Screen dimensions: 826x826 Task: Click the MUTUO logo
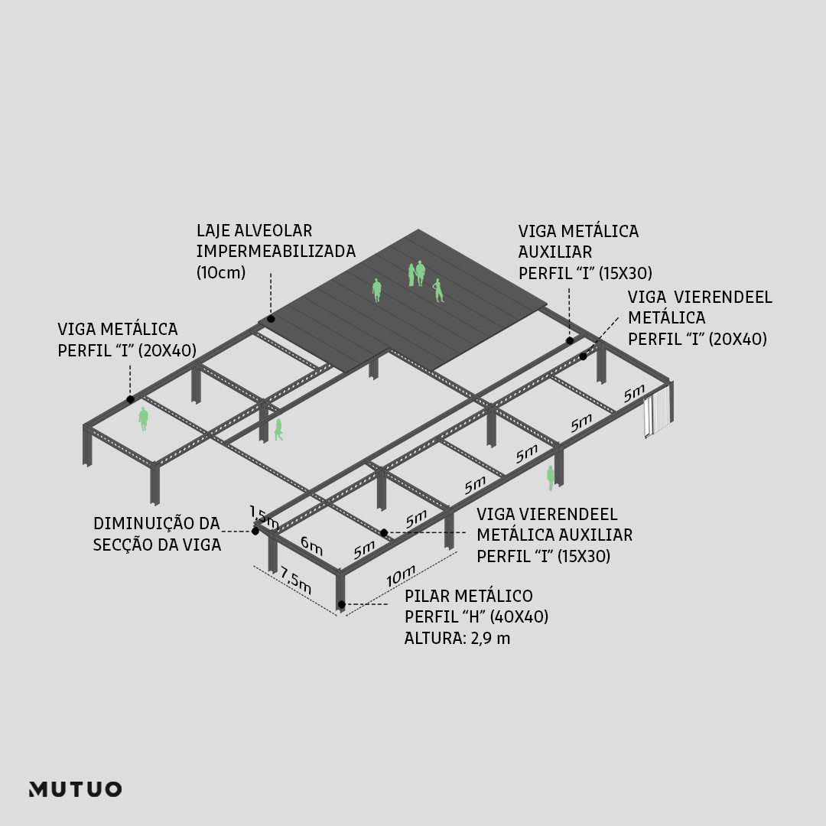[x=75, y=789]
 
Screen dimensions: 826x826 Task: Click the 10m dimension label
[x=401, y=576]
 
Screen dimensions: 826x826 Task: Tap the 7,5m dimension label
[x=296, y=580]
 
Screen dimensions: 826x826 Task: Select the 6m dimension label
[x=311, y=545]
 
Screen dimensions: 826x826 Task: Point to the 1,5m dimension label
[x=265, y=516]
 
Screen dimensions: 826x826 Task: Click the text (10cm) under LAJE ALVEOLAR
[x=221, y=272]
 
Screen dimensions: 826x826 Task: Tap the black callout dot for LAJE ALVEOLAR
[x=271, y=318]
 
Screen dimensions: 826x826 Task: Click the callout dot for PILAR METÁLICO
[x=341, y=605]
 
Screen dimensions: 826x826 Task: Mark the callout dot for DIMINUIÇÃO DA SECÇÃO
[x=255, y=531]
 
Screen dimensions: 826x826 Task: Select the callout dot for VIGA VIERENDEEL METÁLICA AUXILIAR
[x=384, y=532]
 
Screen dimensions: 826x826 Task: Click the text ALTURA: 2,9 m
[x=457, y=638]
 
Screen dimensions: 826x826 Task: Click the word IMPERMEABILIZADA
[x=275, y=251]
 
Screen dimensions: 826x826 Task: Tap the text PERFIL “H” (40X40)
[x=476, y=616]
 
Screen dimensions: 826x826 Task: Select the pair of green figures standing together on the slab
[x=416, y=274]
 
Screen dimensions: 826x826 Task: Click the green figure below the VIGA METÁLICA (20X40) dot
[x=143, y=418]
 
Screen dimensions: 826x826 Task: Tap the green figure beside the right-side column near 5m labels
[x=550, y=477]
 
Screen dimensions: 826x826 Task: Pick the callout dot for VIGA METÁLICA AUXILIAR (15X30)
[x=569, y=340]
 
